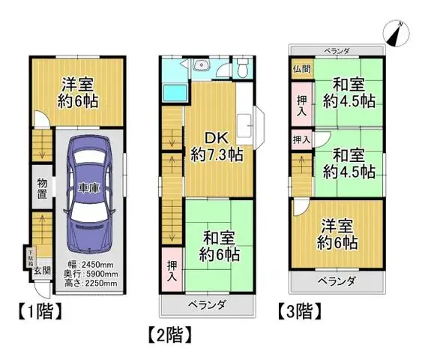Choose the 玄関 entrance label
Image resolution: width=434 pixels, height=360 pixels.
point(42,271)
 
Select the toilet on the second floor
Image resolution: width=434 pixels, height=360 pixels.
point(242,70)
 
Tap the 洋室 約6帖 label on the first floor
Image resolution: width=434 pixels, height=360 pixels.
point(76,93)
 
